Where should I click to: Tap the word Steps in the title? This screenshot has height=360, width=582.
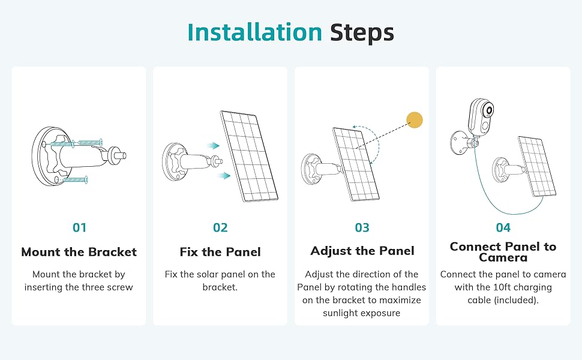[x=362, y=32]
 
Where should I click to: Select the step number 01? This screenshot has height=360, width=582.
[x=79, y=228]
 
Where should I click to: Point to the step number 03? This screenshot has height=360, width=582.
[x=362, y=228]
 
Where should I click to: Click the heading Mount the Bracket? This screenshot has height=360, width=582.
[x=79, y=252]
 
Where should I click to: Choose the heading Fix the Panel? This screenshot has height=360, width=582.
[x=220, y=252]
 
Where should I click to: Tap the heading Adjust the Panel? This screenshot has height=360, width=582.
[x=362, y=251]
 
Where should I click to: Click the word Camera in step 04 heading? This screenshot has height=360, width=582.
[x=503, y=258]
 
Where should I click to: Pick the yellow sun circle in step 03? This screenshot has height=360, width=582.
[x=415, y=120]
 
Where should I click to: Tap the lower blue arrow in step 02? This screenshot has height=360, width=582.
[x=223, y=175]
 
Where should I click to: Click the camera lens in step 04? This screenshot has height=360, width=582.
[x=490, y=111]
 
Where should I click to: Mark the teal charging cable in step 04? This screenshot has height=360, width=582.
[x=493, y=198]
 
